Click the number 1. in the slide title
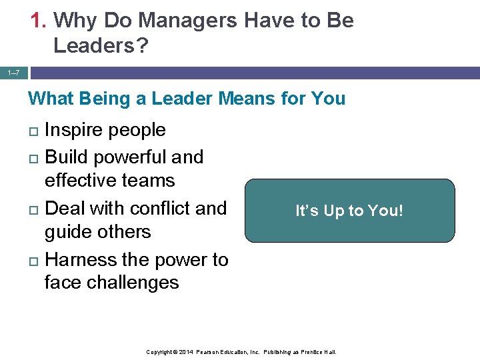[39, 21]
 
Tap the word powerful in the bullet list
[129, 157]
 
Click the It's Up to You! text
[349, 211]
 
